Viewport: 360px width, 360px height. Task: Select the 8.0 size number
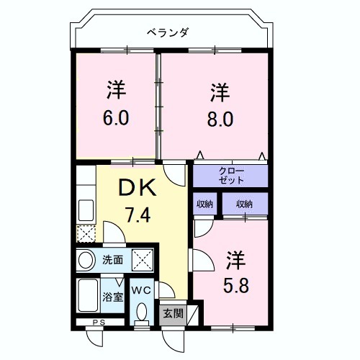click(x=220, y=117)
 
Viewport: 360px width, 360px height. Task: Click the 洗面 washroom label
click(x=112, y=259)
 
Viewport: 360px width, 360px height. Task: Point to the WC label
click(x=141, y=290)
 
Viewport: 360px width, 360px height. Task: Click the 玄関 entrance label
click(x=171, y=313)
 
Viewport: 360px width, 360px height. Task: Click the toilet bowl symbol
click(x=141, y=312)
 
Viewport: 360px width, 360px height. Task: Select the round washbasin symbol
click(x=86, y=259)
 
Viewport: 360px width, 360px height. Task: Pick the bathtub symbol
click(x=89, y=296)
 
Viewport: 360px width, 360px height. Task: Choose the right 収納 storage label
click(x=243, y=204)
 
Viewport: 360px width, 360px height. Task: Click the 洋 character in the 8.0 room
click(x=220, y=93)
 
